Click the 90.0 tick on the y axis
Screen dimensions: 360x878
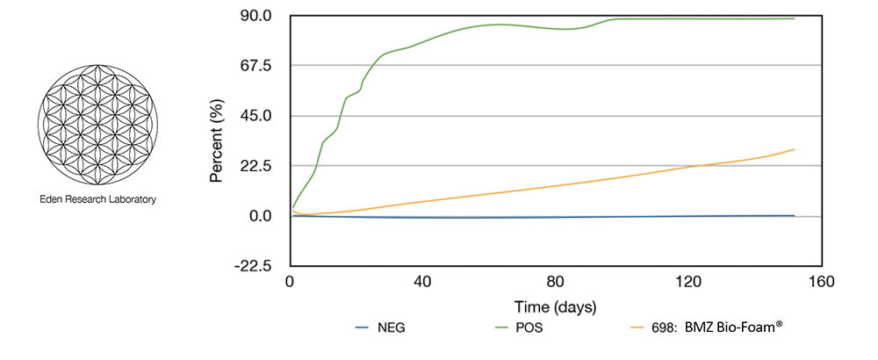[x=260, y=16]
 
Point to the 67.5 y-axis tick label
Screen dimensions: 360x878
[x=260, y=66]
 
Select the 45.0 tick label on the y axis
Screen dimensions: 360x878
[x=260, y=116]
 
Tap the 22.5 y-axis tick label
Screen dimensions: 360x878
[x=260, y=166]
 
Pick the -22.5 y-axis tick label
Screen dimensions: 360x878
[x=257, y=266]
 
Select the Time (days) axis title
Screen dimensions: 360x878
[x=555, y=307]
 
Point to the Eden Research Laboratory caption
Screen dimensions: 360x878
[x=97, y=199]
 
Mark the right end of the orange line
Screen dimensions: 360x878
[x=795, y=149]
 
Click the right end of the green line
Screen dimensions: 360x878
[x=795, y=18]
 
